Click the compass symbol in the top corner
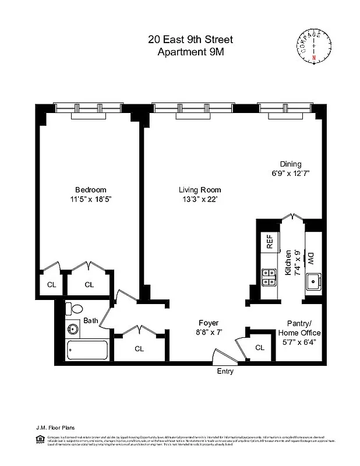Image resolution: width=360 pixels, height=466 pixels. [x=314, y=46]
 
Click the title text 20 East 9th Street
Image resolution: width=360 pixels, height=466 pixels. [x=191, y=40]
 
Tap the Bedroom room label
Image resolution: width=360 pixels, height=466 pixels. [x=90, y=190]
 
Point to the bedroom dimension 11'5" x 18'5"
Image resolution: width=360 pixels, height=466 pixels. [x=90, y=199]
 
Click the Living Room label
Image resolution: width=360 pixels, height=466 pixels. [x=200, y=190]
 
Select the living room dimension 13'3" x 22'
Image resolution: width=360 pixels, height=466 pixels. [x=200, y=199]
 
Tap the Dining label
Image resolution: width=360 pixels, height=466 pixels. [x=291, y=164]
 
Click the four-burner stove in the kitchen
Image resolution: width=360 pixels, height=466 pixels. [x=269, y=277]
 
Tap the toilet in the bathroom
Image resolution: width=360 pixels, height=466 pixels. [x=74, y=309]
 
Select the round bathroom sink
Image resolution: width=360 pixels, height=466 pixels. [x=73, y=329]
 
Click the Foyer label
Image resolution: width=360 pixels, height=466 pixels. [x=208, y=323]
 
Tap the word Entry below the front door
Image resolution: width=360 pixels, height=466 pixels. [x=225, y=370]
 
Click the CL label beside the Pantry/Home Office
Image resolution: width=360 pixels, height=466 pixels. [x=260, y=348]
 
